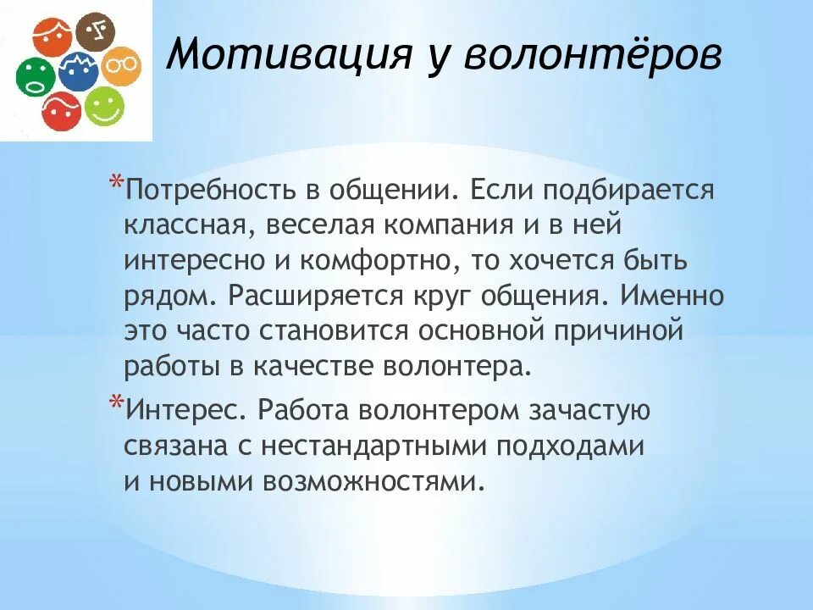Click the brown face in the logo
coord(94,33)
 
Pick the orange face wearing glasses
coord(121,66)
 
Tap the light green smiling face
coord(104,107)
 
